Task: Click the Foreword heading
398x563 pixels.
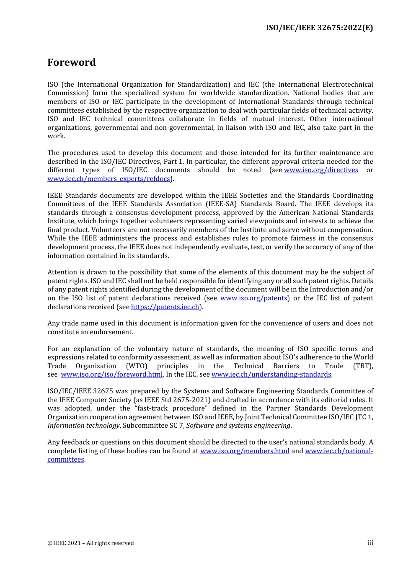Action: point(72,62)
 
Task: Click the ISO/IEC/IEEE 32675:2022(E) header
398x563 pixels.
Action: point(319,28)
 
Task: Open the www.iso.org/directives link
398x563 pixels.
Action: point(321,170)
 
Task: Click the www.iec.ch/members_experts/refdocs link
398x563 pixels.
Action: point(109,179)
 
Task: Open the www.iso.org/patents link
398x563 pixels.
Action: point(253,298)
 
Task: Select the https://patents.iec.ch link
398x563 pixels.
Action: point(165,307)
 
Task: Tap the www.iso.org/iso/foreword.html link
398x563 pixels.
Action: point(111,374)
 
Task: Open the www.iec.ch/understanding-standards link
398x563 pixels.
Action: point(271,374)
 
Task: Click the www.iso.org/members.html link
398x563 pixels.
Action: point(245,451)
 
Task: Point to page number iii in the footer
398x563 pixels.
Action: point(370,543)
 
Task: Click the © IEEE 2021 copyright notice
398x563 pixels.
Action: point(90,543)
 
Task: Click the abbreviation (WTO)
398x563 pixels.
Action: point(137,366)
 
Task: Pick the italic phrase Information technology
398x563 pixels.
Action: point(83,426)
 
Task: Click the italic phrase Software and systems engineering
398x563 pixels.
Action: point(238,426)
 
